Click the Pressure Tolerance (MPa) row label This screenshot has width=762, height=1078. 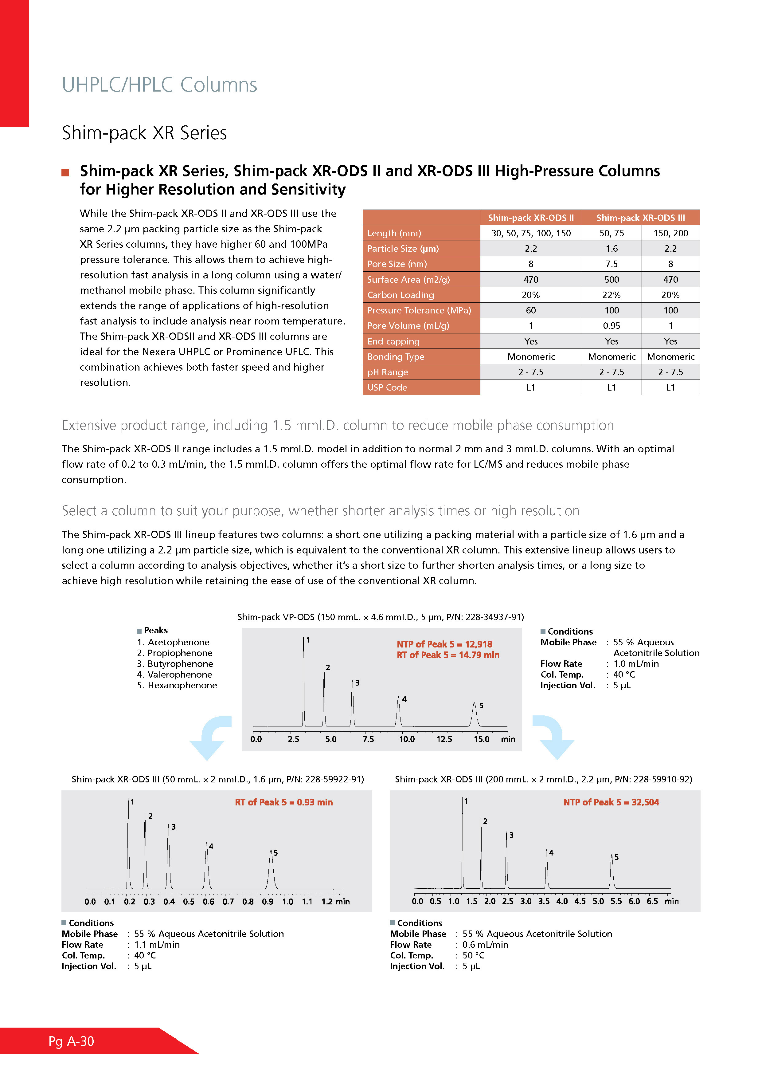[x=419, y=310]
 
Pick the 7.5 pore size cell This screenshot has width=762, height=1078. [x=612, y=264]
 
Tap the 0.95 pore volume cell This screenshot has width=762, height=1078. [x=612, y=326]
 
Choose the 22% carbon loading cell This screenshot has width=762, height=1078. [x=612, y=295]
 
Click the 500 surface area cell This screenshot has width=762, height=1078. [x=612, y=279]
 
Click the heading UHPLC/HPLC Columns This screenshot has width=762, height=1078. [x=159, y=85]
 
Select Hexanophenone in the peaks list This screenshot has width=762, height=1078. [x=182, y=686]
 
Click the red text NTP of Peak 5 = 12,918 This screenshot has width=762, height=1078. [x=444, y=644]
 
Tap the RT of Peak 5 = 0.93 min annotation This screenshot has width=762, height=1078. [x=284, y=802]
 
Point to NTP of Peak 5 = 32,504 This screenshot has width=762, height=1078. [x=611, y=802]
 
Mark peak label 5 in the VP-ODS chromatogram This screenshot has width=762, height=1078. [x=481, y=706]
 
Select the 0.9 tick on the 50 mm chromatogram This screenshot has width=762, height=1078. [x=268, y=902]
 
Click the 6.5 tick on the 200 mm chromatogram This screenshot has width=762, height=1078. [x=652, y=902]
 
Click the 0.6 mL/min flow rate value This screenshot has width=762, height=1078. [x=485, y=945]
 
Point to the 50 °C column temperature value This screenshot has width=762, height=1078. [x=473, y=955]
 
